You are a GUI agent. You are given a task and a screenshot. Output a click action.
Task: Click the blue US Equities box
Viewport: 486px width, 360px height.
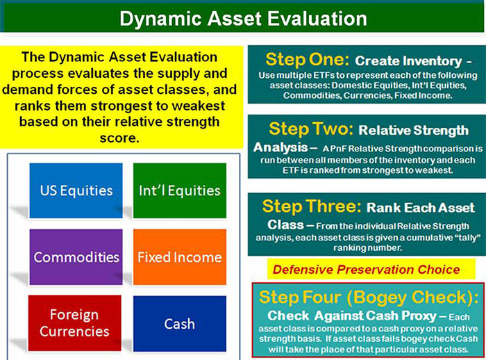click(76, 190)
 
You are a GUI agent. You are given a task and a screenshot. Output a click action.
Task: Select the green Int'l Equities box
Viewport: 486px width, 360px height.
click(180, 190)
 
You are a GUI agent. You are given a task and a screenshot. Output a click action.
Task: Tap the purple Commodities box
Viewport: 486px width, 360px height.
click(76, 257)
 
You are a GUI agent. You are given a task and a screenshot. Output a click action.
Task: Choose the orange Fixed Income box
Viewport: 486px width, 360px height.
click(180, 257)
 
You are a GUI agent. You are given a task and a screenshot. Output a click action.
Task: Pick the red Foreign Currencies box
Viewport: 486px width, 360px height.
click(75, 323)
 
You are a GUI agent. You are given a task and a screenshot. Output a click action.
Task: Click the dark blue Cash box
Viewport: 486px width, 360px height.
click(180, 324)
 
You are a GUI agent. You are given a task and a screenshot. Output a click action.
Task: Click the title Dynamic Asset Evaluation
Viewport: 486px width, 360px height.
click(243, 19)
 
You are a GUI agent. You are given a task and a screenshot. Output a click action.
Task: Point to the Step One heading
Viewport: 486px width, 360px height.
click(307, 59)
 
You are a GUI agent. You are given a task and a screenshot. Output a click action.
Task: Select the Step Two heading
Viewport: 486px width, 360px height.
click(311, 129)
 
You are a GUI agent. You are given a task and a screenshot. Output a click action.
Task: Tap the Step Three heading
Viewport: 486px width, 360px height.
click(312, 206)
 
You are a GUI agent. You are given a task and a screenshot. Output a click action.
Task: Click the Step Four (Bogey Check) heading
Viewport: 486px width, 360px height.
click(369, 297)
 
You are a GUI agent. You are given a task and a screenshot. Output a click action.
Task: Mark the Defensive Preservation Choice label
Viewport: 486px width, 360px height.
click(367, 270)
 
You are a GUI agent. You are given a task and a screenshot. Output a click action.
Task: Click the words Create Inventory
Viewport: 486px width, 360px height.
click(408, 61)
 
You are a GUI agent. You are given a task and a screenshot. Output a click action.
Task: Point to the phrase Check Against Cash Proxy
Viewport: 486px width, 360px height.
click(352, 316)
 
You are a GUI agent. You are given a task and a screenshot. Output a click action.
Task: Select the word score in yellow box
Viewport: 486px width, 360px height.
click(119, 138)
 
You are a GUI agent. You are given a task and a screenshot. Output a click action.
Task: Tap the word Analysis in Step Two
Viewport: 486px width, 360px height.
click(280, 147)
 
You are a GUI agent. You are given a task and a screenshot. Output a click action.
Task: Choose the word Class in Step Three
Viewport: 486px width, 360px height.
click(285, 224)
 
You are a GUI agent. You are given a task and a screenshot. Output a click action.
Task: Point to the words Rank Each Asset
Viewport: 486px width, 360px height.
click(421, 208)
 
